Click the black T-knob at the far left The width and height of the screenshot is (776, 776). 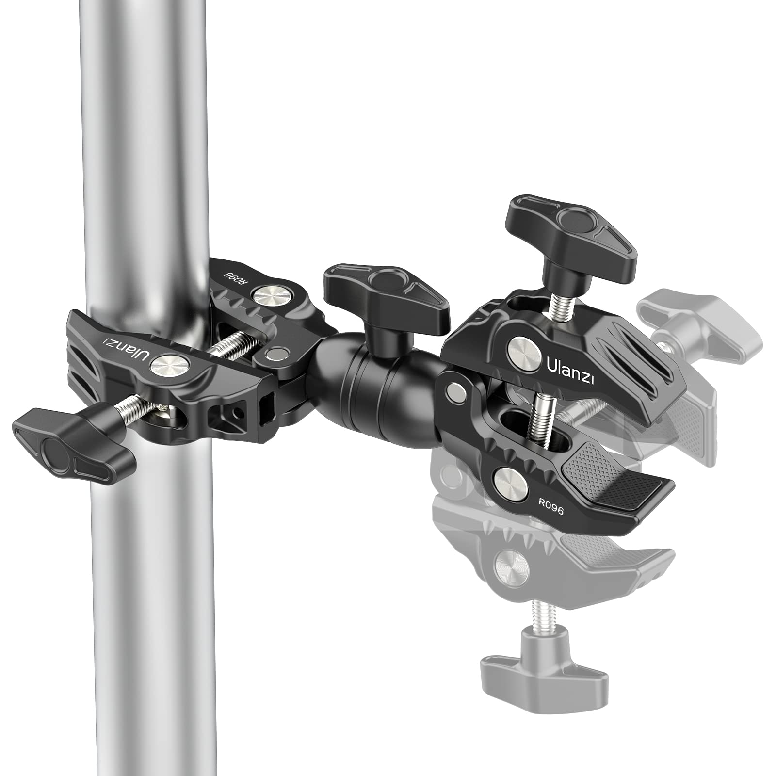[x=73, y=437]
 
